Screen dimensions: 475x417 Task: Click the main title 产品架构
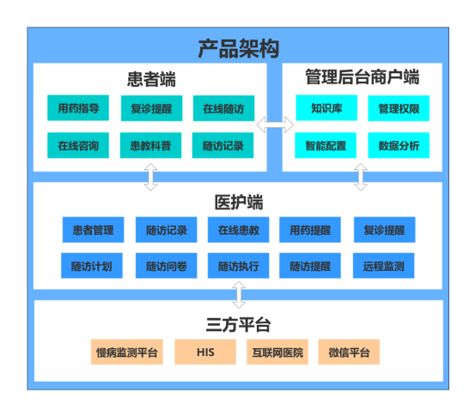point(239,48)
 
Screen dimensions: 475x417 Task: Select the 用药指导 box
point(78,108)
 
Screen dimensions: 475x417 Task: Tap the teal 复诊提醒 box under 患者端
point(151,108)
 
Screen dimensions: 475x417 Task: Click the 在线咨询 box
point(78,145)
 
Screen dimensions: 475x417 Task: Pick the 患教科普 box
point(150,145)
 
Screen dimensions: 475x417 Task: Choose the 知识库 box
point(326,108)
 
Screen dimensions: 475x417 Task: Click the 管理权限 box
point(399,108)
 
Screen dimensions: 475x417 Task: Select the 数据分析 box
point(399,145)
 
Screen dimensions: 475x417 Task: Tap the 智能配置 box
point(326,145)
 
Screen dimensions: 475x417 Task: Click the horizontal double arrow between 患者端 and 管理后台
point(275,125)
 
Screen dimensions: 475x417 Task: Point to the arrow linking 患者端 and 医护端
point(150,177)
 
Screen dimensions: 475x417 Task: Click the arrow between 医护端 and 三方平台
point(239,295)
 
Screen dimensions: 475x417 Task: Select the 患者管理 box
point(93,230)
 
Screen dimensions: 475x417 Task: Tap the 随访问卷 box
point(167,266)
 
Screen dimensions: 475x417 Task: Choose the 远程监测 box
point(383,266)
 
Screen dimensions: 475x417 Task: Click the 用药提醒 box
point(310,230)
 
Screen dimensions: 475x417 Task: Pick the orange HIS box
point(205,352)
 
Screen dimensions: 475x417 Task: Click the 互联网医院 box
point(277,352)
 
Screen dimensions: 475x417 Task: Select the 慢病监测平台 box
point(127,352)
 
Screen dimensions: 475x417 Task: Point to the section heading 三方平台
point(238,325)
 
